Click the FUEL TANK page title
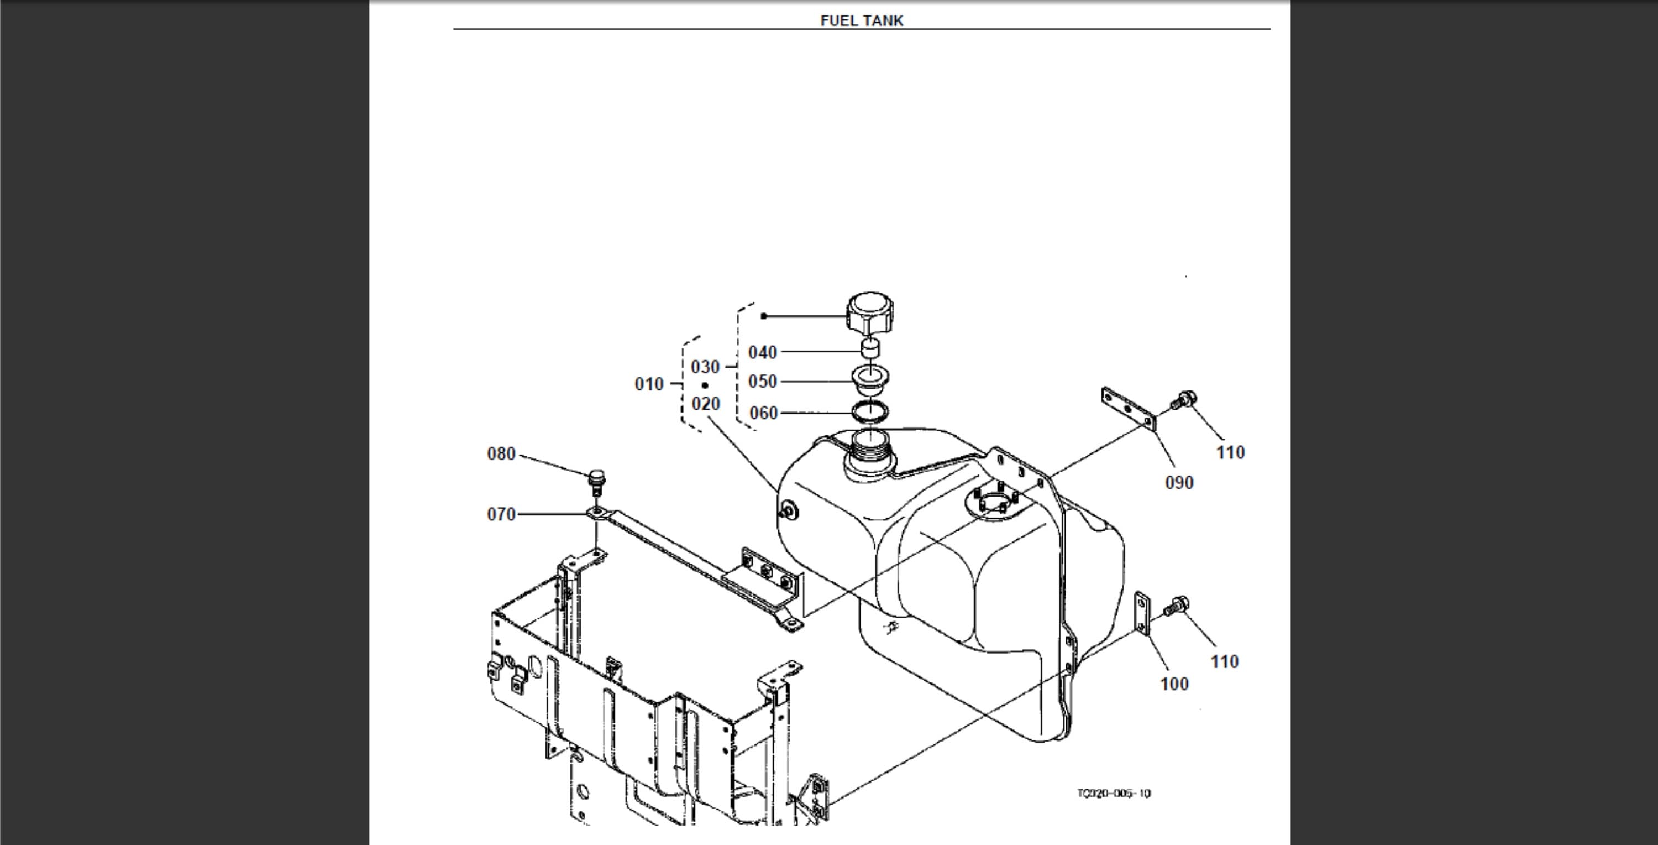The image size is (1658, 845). pyautogui.click(x=861, y=20)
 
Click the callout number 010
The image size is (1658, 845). pyautogui.click(x=649, y=384)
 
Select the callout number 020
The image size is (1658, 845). pyautogui.click(x=705, y=404)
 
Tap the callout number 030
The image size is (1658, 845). pyautogui.click(x=705, y=367)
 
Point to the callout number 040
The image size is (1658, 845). pyautogui.click(x=763, y=353)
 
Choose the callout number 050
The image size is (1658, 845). pyautogui.click(x=763, y=382)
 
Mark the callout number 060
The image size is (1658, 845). pyautogui.click(x=763, y=414)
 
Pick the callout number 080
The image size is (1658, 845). pyautogui.click(x=501, y=455)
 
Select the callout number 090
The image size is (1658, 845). pyautogui.click(x=1179, y=483)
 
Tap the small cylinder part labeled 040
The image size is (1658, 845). pyautogui.click(x=870, y=349)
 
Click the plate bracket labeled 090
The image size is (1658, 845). pyautogui.click(x=1129, y=410)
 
